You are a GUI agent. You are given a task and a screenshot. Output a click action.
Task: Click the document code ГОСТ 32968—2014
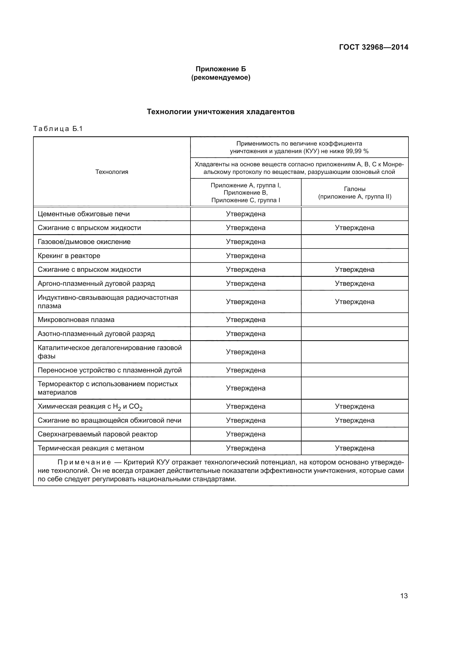(373, 47)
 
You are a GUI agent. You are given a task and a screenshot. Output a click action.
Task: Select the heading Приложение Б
(220, 69)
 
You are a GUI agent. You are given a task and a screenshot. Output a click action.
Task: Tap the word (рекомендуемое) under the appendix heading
(220, 77)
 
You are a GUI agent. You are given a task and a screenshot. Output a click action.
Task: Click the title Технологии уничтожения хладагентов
(220, 112)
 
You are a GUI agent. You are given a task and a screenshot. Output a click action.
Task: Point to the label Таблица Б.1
(58, 129)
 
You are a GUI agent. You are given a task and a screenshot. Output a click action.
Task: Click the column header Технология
(112, 172)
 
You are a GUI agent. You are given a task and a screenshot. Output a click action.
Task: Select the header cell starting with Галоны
(355, 193)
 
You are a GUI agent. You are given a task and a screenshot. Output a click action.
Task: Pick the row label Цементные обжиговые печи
(83, 214)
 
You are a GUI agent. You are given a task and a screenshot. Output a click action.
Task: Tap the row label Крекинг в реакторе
(69, 256)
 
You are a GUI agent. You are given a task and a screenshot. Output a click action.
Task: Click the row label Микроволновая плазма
(76, 320)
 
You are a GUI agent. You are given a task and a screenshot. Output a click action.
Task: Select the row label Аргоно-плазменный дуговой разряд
(96, 284)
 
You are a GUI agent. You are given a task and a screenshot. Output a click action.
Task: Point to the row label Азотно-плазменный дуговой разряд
(96, 334)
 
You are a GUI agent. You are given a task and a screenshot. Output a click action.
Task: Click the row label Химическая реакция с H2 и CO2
(90, 407)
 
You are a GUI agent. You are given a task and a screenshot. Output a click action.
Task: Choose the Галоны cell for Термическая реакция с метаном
(355, 448)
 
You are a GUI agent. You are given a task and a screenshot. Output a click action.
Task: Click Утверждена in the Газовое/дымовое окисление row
(245, 242)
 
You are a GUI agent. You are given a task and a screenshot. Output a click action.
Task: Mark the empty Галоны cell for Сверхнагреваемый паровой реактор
(355, 434)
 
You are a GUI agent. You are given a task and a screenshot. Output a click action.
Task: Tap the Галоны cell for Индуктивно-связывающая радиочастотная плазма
(355, 302)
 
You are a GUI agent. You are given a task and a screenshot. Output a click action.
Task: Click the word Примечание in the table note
(84, 462)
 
